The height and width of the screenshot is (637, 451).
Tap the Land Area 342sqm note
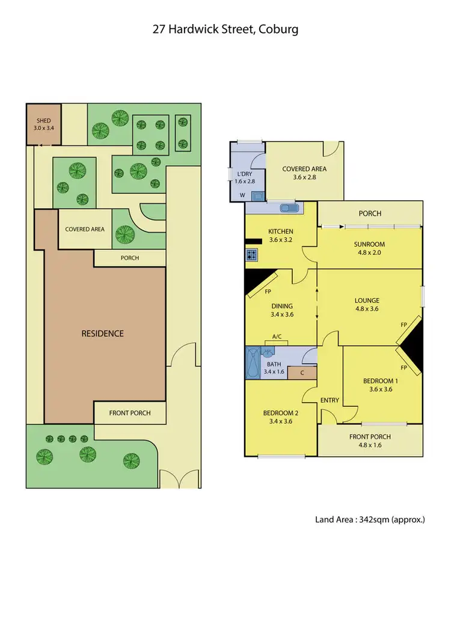pyautogui.click(x=370, y=519)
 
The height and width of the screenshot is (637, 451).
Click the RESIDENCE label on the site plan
pyautogui.click(x=103, y=333)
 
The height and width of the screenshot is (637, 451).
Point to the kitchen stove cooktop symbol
pyautogui.click(x=251, y=255)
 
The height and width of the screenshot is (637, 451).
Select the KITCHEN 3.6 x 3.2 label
pyautogui.click(x=280, y=235)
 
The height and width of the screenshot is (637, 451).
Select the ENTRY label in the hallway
pyautogui.click(x=330, y=400)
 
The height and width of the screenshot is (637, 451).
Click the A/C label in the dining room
pyautogui.click(x=278, y=337)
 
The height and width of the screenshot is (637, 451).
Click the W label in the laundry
pyautogui.click(x=242, y=195)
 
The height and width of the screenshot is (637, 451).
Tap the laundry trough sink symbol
pyautogui.click(x=257, y=195)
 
